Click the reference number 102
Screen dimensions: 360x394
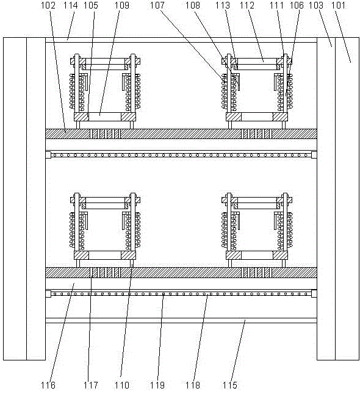(48, 5)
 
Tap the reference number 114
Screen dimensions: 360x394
(70, 5)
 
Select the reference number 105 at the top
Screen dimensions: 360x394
(90, 5)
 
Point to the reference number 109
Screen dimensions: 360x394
(121, 5)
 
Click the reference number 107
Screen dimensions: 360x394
(157, 5)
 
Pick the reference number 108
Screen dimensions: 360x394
(193, 5)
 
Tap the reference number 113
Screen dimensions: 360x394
(223, 5)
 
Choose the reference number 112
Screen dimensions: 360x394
(247, 5)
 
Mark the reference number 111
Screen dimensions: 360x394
(277, 5)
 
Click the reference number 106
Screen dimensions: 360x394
(297, 5)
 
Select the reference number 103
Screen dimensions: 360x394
(315, 5)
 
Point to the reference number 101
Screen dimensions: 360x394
(339, 5)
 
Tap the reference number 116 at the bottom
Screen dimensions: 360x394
(48, 385)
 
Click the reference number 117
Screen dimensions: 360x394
(91, 385)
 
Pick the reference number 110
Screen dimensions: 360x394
(121, 385)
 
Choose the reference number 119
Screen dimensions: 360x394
(157, 385)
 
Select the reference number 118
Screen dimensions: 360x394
(193, 385)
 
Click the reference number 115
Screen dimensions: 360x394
(230, 385)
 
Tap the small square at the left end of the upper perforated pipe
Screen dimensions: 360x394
(48, 155)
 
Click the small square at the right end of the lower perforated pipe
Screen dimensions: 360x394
(314, 293)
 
